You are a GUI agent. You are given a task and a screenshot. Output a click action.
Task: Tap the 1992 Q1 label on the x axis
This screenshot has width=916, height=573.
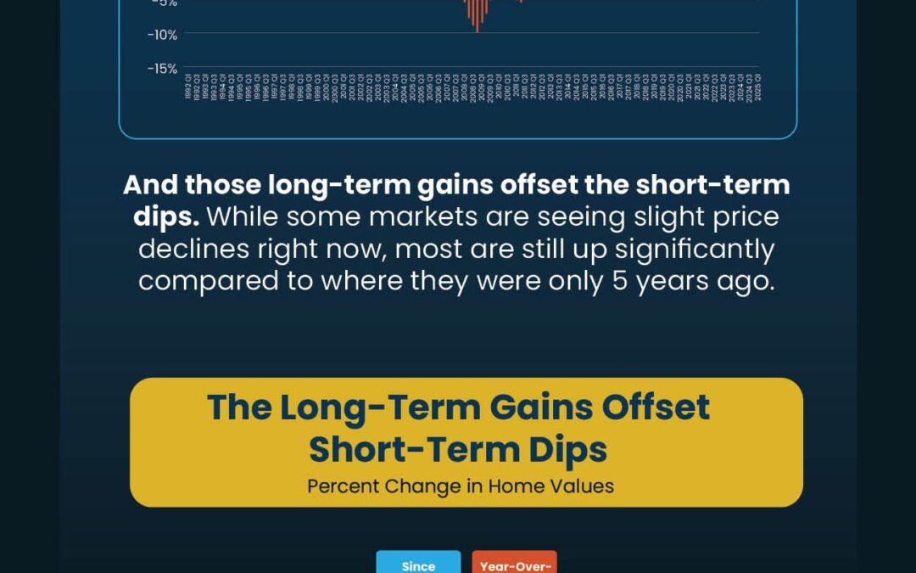click(187, 87)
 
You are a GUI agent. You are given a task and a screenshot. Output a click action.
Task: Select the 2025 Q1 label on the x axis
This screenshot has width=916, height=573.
click(758, 87)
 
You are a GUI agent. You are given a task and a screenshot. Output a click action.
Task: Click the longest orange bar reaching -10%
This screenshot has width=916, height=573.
click(477, 17)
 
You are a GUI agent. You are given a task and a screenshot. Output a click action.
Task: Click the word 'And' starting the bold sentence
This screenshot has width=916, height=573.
click(151, 184)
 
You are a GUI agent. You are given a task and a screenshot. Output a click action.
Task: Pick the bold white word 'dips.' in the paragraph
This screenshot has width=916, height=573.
click(166, 216)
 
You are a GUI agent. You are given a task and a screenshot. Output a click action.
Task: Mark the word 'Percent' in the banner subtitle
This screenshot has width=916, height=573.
click(343, 486)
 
